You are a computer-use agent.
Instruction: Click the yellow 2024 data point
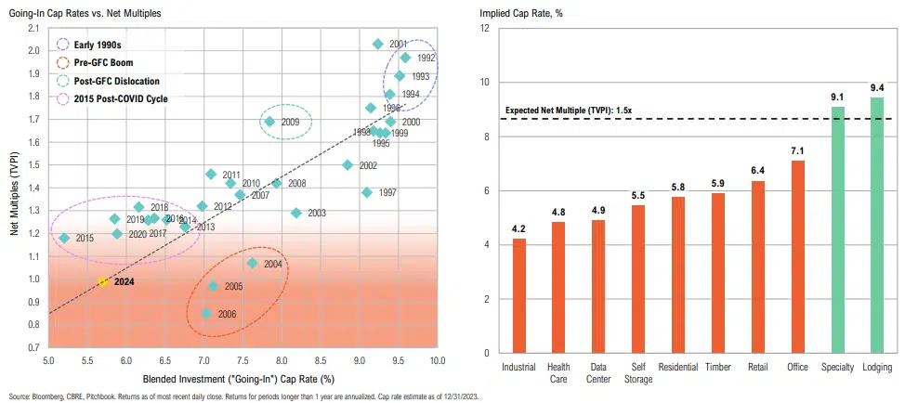103,280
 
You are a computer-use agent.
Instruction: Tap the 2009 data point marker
269,122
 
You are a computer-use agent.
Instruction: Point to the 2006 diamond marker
206,314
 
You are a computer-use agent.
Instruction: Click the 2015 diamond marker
64,239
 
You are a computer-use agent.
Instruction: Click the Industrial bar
518,295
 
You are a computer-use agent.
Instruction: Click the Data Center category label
598,372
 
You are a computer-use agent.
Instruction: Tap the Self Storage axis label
638,372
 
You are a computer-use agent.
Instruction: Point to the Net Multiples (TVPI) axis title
16,195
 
